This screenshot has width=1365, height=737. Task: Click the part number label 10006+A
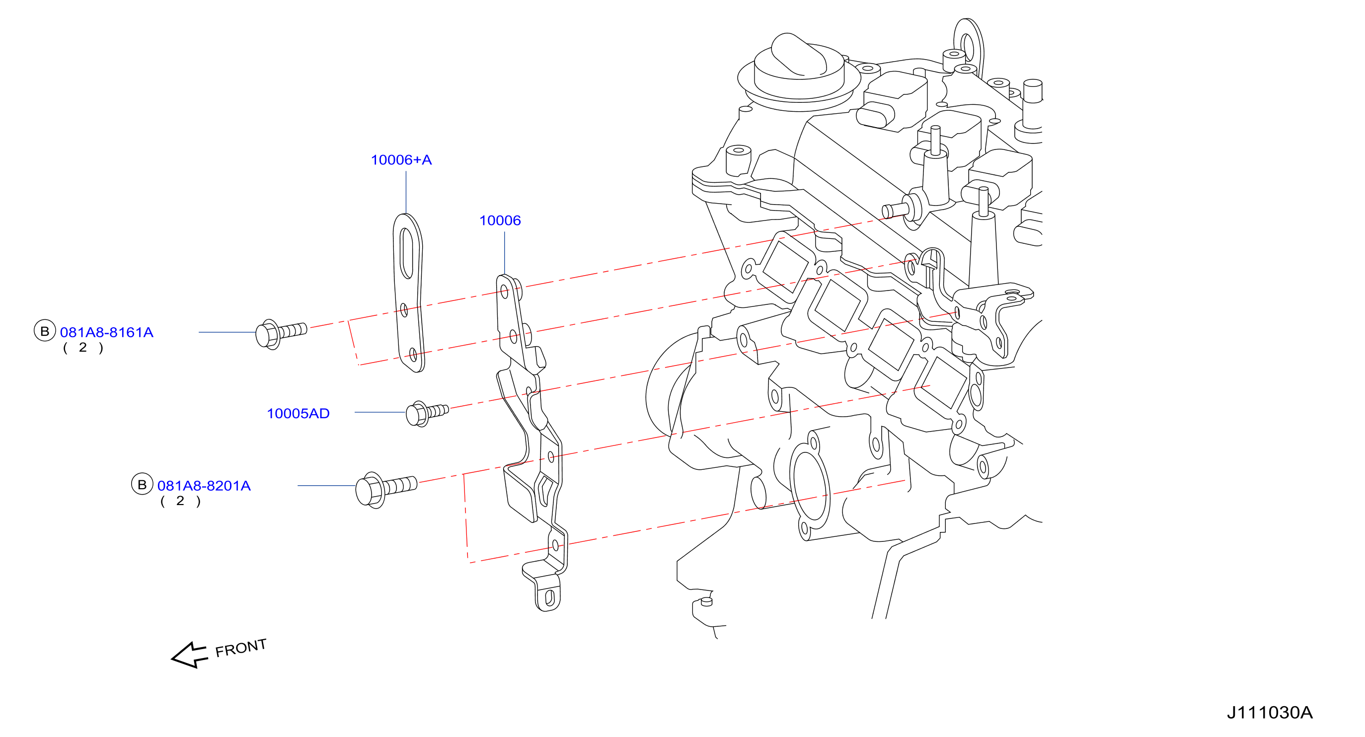click(401, 160)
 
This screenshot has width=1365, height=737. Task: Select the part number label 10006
click(500, 221)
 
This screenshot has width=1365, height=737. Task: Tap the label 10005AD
click(298, 413)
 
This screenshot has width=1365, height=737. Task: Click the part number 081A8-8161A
click(106, 332)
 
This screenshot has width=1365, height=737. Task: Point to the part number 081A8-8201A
click(204, 485)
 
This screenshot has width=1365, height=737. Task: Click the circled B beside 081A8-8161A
click(45, 331)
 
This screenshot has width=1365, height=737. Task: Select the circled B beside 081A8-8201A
click(142, 484)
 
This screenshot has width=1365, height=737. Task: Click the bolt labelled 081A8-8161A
click(281, 333)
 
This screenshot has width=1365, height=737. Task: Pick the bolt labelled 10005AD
click(427, 413)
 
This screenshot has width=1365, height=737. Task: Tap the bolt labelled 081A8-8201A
click(386, 489)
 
